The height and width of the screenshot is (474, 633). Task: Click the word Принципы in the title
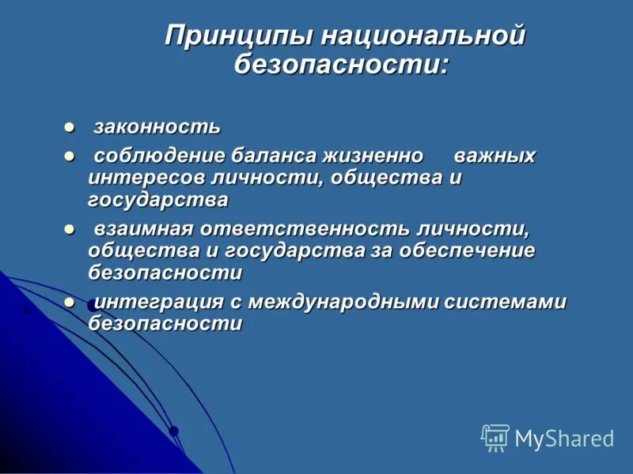[232, 37]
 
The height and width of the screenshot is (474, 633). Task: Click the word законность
[157, 127]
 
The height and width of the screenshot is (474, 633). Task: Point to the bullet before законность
[69, 127]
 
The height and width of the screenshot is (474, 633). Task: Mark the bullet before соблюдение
[69, 156]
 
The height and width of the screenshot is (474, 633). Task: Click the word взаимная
[144, 229]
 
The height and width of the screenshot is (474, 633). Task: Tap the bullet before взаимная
[69, 229]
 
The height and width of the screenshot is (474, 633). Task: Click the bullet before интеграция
[69, 302]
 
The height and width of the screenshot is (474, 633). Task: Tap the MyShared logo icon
[495, 438]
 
